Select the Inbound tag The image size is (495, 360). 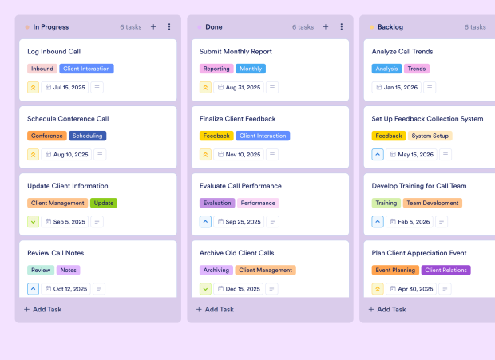pyautogui.click(x=42, y=69)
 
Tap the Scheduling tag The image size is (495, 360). pyautogui.click(x=88, y=136)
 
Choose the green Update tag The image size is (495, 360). pyautogui.click(x=104, y=203)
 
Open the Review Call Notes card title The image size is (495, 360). pyautogui.click(x=56, y=253)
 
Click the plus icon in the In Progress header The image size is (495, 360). pyautogui.click(x=153, y=27)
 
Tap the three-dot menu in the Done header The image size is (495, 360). pyautogui.click(x=341, y=27)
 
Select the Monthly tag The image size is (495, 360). pyautogui.click(x=251, y=69)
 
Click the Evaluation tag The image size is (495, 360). pyautogui.click(x=217, y=203)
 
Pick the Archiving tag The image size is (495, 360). pyautogui.click(x=216, y=270)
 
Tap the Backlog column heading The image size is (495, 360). pyautogui.click(x=391, y=27)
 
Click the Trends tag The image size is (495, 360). pyautogui.click(x=416, y=69)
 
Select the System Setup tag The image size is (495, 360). pyautogui.click(x=430, y=136)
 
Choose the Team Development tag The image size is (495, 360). pyautogui.click(x=432, y=203)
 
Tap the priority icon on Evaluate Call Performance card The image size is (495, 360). pyautogui.click(x=205, y=221)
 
